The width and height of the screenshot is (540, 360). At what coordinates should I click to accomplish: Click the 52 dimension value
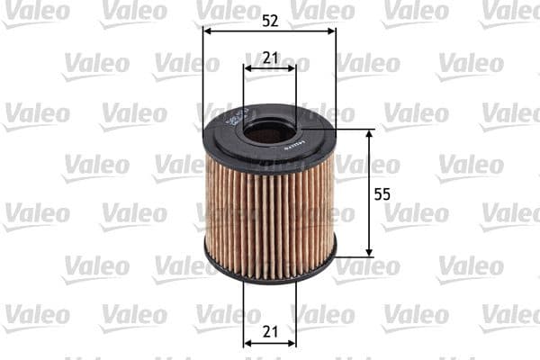point(270,18)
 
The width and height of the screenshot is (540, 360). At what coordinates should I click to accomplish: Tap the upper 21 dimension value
point(270,57)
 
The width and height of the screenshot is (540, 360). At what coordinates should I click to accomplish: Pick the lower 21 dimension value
point(270,332)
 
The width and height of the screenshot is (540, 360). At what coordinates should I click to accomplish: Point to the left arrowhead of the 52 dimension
point(208,30)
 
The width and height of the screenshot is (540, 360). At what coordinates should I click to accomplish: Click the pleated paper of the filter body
point(270,216)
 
